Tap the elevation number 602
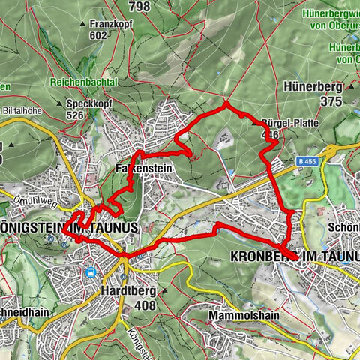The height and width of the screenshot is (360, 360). (x=99, y=34)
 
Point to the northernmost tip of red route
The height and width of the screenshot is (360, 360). (x=225, y=105)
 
